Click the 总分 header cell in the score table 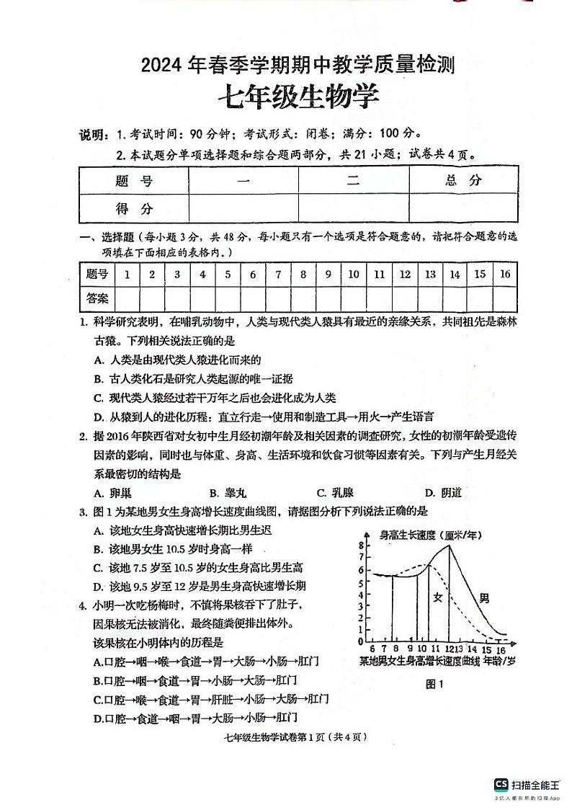click(x=463, y=180)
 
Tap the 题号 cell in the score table click(x=134, y=181)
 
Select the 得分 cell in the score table click(x=134, y=208)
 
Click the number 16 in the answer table click(x=504, y=274)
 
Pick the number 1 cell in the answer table click(x=127, y=274)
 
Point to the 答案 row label click(x=97, y=297)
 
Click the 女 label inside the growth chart click(x=437, y=597)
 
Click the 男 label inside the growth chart click(x=484, y=597)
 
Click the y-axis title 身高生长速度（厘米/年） click(x=431, y=535)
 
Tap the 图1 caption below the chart click(x=434, y=684)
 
